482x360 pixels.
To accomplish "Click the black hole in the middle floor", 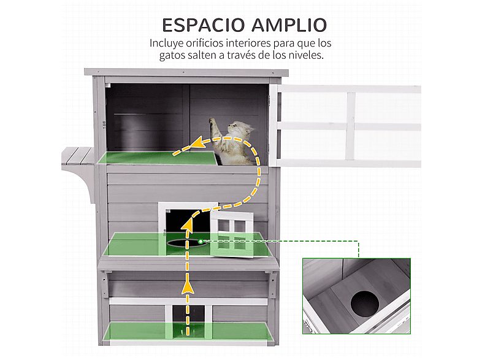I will point(184,243).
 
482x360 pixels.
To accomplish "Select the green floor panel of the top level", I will point(156,159).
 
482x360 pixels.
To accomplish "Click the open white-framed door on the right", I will point(346,126).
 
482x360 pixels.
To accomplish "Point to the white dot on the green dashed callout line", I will point(207,241).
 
